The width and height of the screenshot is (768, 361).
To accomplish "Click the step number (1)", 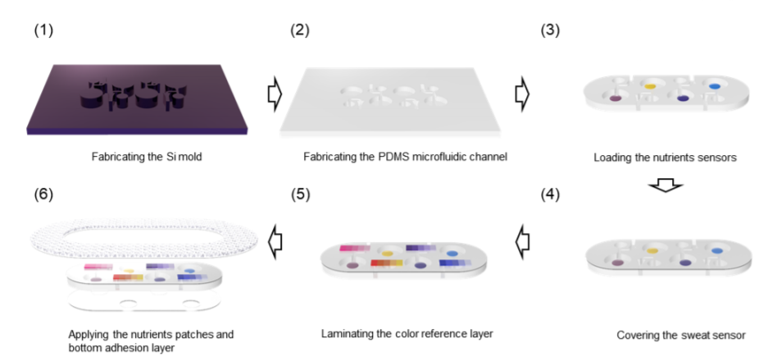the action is pos(43,30).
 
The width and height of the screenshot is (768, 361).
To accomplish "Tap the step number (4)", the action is pos(550,194).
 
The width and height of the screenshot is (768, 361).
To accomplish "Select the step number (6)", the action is pos(43,194).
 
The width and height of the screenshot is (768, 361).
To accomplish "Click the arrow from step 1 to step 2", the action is pos(275,95).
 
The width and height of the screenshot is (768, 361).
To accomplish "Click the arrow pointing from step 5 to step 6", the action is pos(275,241).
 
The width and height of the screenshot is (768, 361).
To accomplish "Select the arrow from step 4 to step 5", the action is pos(523,241).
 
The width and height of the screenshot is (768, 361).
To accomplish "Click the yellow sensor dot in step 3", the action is pos(650,86).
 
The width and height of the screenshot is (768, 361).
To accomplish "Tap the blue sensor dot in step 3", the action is pos(715,86).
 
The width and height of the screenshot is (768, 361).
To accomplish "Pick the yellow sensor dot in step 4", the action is pos(652,250).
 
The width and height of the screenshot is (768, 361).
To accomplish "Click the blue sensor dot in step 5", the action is pos(452,254).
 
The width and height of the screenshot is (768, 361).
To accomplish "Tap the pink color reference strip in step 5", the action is pos(355,248).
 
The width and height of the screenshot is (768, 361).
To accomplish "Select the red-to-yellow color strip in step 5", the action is pos(387,263).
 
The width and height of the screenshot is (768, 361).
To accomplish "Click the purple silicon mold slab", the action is pos(137,99).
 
